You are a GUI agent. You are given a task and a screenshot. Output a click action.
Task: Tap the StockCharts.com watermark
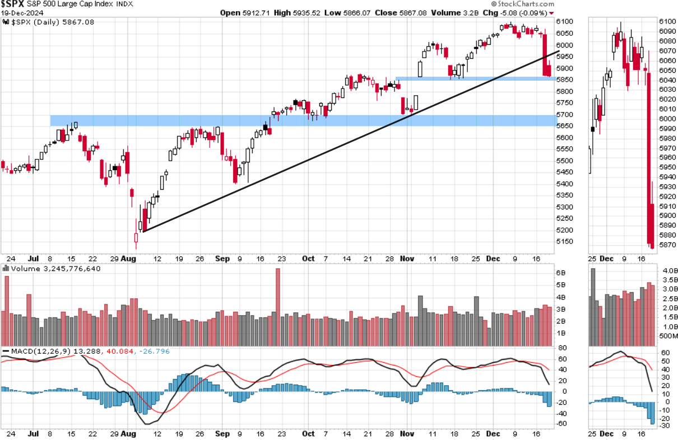pos(527,4)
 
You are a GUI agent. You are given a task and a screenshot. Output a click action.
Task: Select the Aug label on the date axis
pos(129,259)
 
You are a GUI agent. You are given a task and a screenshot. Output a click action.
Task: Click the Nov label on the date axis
pos(407,259)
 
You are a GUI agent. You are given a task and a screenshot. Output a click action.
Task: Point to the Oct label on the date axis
pos(308,259)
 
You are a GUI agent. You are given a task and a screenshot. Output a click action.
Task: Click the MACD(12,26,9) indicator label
pos(35,351)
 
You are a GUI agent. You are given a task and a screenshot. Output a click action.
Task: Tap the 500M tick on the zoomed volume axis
pos(668,336)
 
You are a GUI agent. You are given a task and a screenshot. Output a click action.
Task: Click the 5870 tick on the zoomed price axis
pos(666,245)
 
